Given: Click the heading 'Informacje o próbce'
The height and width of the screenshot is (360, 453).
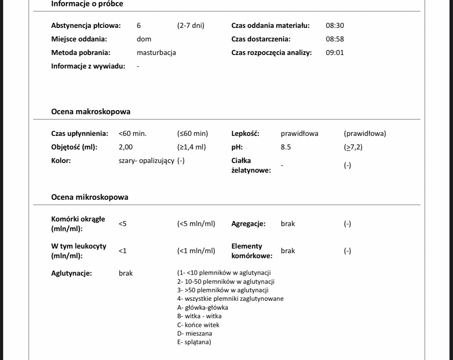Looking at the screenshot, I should click(x=88, y=4).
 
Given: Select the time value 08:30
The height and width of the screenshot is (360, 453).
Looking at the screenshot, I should click(x=335, y=26).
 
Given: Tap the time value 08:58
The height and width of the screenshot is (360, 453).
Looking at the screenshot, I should click(x=335, y=39).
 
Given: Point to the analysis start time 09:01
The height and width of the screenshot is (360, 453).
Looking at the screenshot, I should click(x=335, y=53).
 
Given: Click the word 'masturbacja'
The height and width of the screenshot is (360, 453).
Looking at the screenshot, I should click(x=156, y=53).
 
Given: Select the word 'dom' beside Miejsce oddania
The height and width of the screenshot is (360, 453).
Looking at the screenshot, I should click(x=144, y=39).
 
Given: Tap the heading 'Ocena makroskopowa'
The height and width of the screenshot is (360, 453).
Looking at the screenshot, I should click(x=91, y=112).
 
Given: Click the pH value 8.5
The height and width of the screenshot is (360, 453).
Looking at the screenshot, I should click(x=286, y=147).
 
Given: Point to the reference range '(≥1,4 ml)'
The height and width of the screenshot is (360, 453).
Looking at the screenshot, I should click(x=192, y=147).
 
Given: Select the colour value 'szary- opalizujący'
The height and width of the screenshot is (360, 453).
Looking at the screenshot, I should click(x=147, y=161).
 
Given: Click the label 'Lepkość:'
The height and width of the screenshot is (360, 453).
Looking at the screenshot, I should click(x=245, y=134).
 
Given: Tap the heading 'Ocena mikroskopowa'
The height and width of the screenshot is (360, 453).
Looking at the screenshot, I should click(x=90, y=197).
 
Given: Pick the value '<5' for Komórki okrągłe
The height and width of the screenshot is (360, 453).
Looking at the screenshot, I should click(x=123, y=224).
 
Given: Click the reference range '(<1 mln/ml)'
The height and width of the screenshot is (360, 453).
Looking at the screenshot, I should click(x=196, y=251).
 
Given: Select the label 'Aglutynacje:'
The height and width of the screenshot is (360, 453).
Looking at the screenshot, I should click(x=72, y=273).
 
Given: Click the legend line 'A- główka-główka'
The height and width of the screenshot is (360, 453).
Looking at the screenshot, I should click(x=203, y=307).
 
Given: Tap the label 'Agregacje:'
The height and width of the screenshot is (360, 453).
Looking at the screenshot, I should click(x=248, y=224).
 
